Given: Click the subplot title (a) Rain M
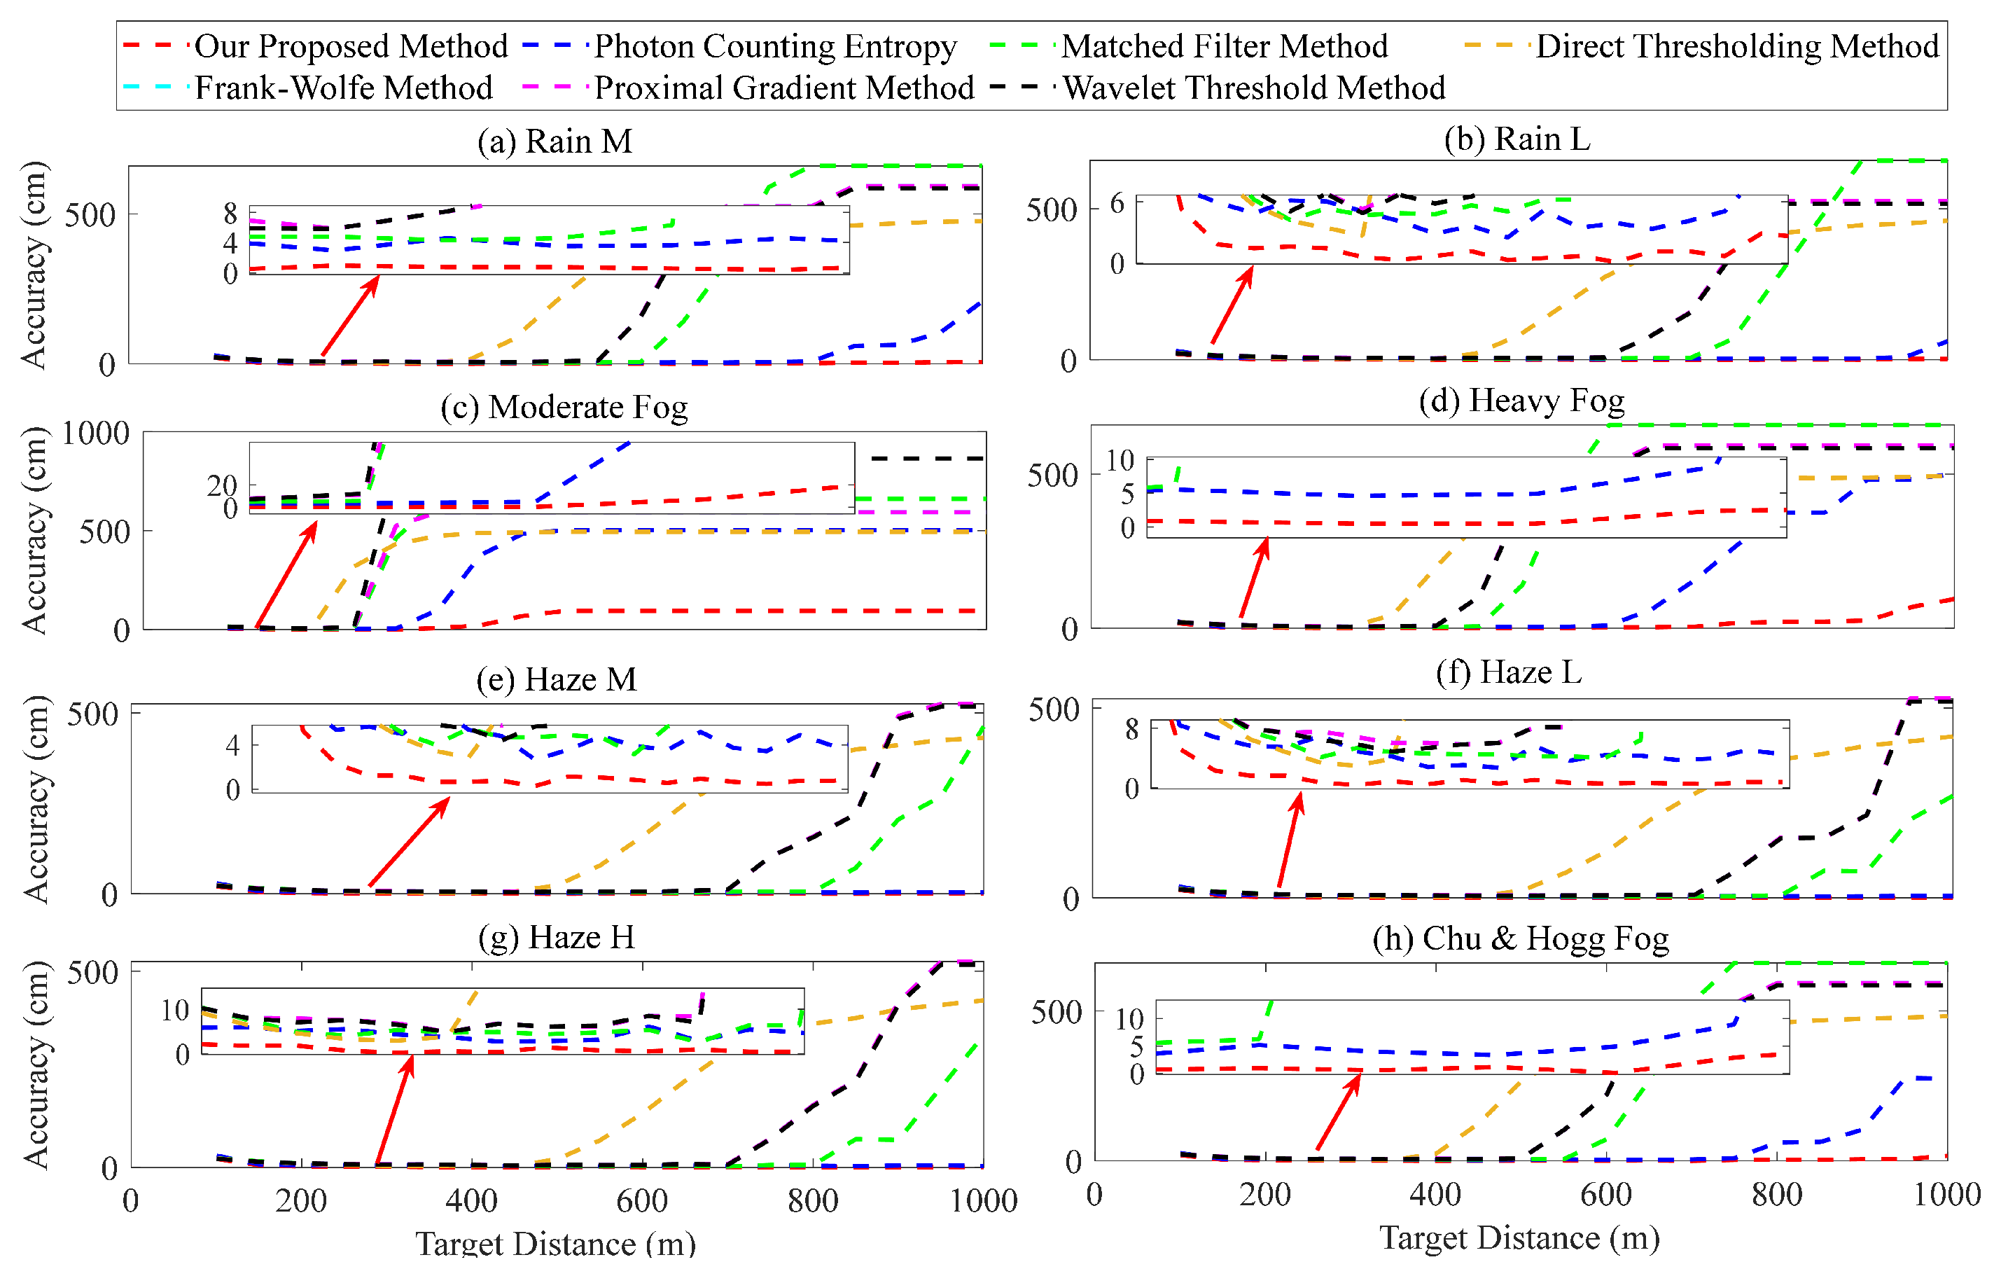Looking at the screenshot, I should pyautogui.click(x=555, y=141).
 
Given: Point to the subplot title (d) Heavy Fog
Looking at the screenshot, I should pyautogui.click(x=1521, y=401).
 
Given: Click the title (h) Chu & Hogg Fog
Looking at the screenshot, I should pyautogui.click(x=1520, y=938).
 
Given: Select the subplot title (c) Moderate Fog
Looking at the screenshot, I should pyautogui.click(x=564, y=408).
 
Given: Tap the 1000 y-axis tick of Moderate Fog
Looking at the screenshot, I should pyautogui.click(x=95, y=434).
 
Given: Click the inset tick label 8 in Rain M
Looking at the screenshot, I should pyautogui.click(x=230, y=214).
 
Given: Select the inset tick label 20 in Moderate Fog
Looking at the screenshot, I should pyautogui.click(x=222, y=485).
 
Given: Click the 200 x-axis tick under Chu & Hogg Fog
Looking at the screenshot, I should pyautogui.click(x=1265, y=1195).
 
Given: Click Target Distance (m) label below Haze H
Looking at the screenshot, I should pyautogui.click(x=555, y=1244).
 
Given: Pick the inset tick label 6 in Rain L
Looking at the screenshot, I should pyautogui.click(x=1117, y=204).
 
